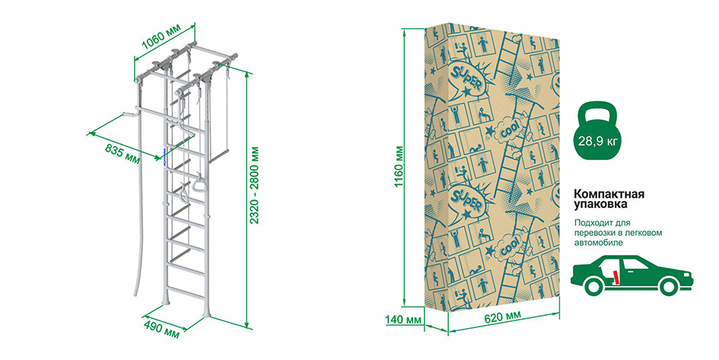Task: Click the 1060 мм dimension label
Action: click(161, 37)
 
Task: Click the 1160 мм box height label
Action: click(399, 166)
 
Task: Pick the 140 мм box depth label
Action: click(403, 320)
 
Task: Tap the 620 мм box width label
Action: click(503, 317)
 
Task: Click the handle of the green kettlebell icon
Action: click(597, 111)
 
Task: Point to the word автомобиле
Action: click(599, 243)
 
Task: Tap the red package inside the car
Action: click(617, 277)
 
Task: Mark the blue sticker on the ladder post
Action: click(164, 154)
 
